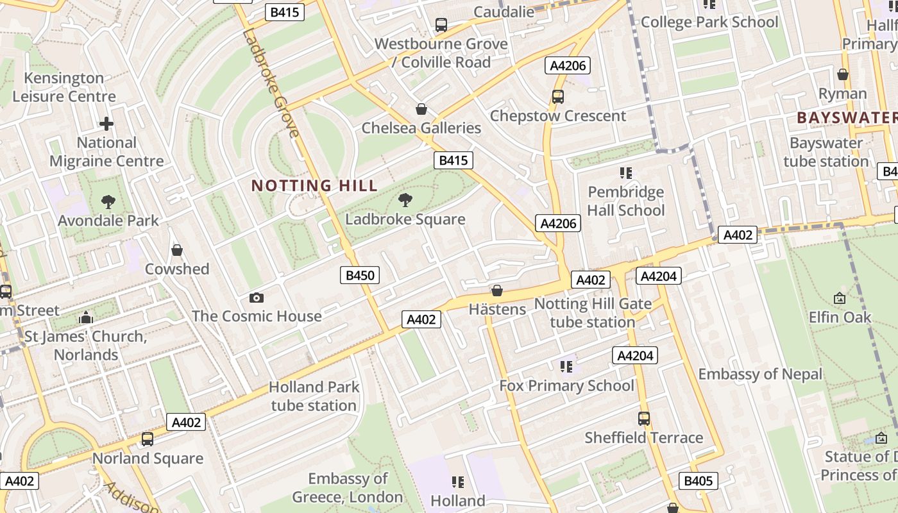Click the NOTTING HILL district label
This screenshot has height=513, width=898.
pyautogui.click(x=314, y=186)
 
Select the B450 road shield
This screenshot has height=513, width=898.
pyautogui.click(x=360, y=276)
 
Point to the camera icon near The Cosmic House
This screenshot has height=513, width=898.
pyautogui.click(x=257, y=298)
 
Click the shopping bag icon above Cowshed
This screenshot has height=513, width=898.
pyautogui.click(x=177, y=250)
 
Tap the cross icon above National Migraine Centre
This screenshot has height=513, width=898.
pyautogui.click(x=106, y=124)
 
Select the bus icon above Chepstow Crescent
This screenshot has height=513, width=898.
pyautogui.click(x=558, y=97)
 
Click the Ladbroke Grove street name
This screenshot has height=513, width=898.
pyautogui.click(x=271, y=82)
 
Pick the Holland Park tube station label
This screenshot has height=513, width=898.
pyautogui.click(x=314, y=396)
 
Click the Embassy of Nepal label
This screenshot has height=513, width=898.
pyautogui.click(x=760, y=374)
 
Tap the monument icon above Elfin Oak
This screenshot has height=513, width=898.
pyautogui.click(x=840, y=298)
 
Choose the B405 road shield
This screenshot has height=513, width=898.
pyautogui.click(x=698, y=481)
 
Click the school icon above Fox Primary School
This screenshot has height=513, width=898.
pyautogui.click(x=566, y=366)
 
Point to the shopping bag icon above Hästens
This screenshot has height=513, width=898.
pyautogui.click(x=496, y=290)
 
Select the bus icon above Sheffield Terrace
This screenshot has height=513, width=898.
pyautogui.click(x=644, y=419)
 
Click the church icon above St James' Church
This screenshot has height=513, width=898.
pyautogui.click(x=86, y=317)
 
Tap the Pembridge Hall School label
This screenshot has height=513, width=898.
pyautogui.click(x=626, y=201)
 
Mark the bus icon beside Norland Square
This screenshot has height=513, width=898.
pyautogui.click(x=148, y=439)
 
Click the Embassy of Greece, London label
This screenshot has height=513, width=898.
pyautogui.click(x=348, y=487)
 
